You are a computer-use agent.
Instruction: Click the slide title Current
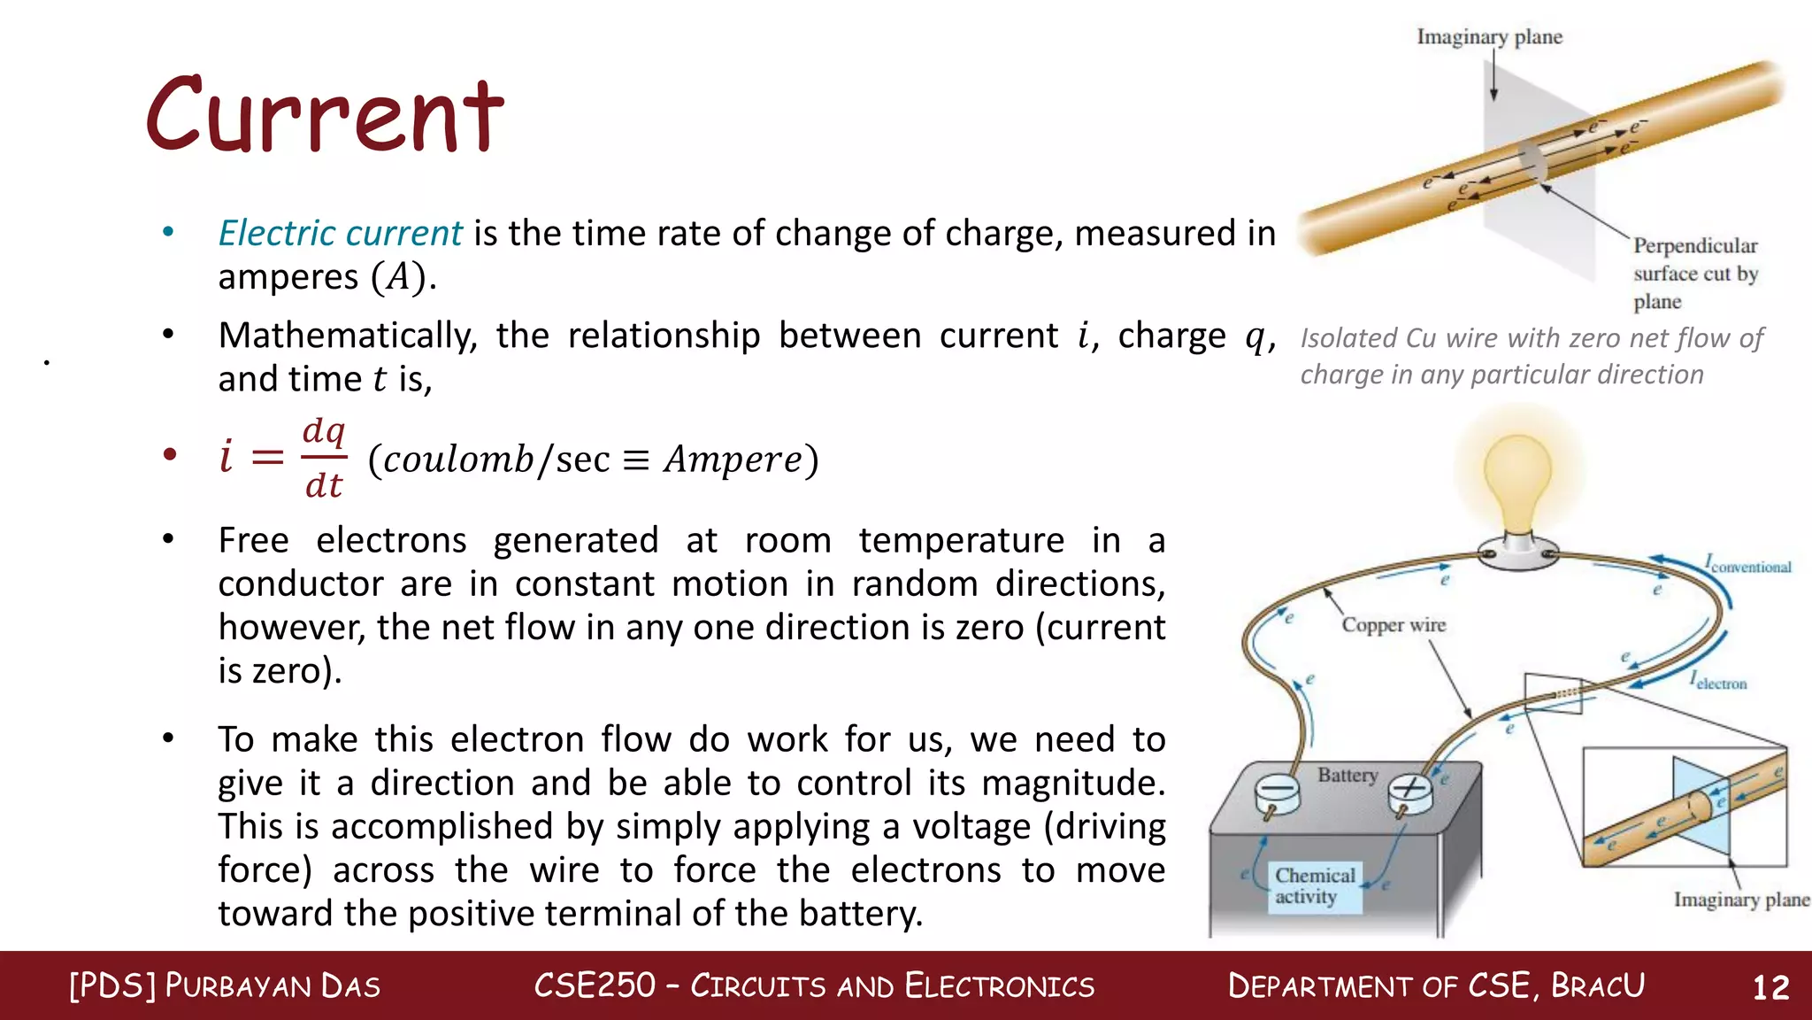pos(326,115)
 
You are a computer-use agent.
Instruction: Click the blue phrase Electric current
pos(340,233)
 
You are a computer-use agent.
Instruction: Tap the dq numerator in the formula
pos(324,431)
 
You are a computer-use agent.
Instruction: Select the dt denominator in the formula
pos(324,485)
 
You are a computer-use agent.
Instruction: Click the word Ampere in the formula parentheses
pos(733,459)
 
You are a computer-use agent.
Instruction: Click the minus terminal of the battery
pos(1277,791)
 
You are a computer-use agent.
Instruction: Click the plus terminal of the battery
pos(1410,789)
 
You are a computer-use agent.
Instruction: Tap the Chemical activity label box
pos(1315,886)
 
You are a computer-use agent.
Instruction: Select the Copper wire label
pos(1394,625)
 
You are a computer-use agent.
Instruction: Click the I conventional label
pos(1748,565)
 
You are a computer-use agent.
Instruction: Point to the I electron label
pos(1718,682)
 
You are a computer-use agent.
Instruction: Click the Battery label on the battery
pos(1347,776)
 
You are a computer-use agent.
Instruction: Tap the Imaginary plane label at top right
pos(1489,37)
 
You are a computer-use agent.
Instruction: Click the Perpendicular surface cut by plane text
pos(1694,273)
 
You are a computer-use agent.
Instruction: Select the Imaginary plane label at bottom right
pos(1740,900)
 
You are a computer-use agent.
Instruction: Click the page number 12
pos(1770,987)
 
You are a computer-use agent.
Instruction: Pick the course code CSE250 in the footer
pos(595,985)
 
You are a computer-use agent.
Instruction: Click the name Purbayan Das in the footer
pos(273,986)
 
